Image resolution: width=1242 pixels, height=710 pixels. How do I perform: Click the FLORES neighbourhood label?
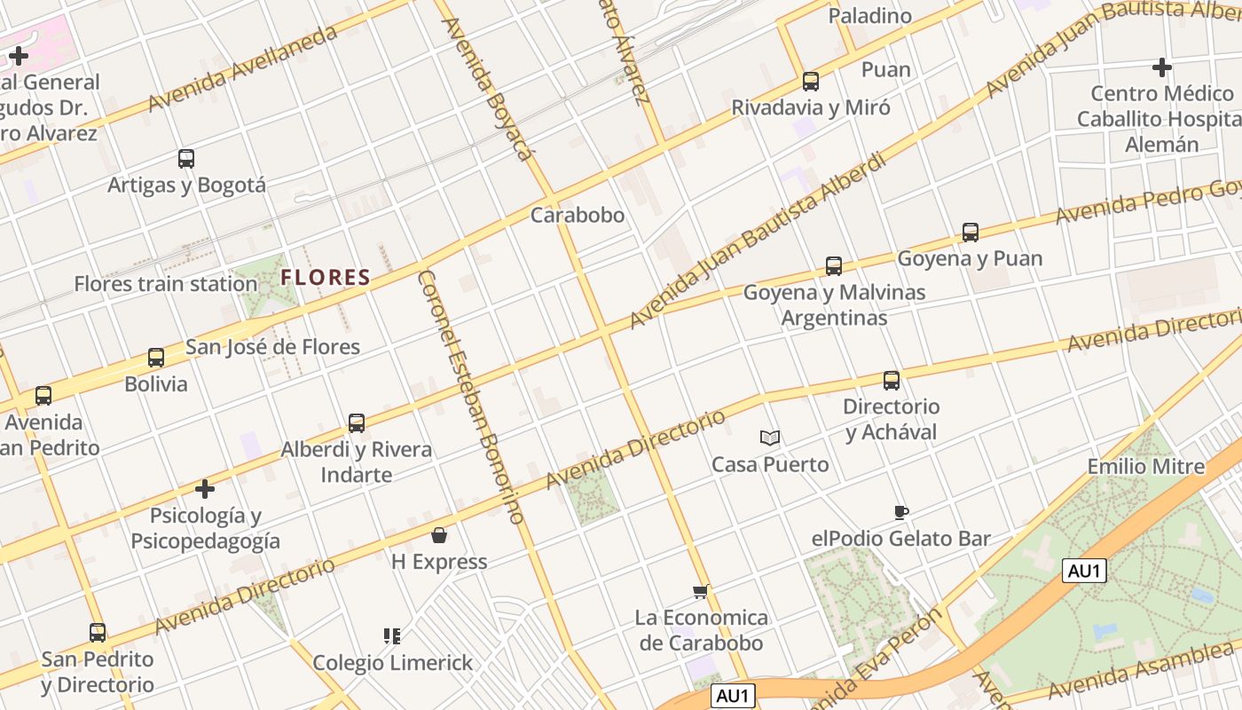[325, 278]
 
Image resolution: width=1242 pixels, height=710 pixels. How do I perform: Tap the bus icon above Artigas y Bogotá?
[186, 159]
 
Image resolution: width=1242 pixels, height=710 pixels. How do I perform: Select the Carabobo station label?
[578, 215]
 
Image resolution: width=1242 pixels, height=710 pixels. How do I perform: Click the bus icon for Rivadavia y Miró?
[810, 82]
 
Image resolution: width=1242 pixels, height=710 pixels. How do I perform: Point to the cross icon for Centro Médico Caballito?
[1161, 67]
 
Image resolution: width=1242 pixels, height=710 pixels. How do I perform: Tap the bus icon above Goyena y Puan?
[971, 233]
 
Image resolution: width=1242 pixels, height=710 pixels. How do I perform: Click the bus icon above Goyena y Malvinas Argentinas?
[834, 265]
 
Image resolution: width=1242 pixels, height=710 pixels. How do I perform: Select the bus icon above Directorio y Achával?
[892, 381]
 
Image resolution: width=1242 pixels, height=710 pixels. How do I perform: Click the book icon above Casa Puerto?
[770, 438]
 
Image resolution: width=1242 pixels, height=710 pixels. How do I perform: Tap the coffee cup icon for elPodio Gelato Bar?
[901, 512]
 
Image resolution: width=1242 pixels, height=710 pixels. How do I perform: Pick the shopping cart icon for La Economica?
[701, 591]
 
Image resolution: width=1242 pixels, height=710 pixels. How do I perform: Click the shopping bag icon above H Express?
[439, 535]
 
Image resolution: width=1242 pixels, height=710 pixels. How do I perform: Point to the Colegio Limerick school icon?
[392, 635]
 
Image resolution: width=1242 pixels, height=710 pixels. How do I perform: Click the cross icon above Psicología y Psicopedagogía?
[205, 489]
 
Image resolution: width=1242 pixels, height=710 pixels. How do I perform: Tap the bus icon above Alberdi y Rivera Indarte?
[357, 423]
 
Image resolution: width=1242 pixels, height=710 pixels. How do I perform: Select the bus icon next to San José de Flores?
[156, 358]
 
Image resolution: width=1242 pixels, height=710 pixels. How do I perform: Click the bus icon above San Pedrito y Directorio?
[98, 633]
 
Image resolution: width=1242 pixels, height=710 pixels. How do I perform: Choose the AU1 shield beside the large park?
[1084, 571]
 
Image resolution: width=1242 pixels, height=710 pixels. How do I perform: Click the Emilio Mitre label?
[1146, 467]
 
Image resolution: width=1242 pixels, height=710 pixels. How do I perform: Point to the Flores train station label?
[166, 284]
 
